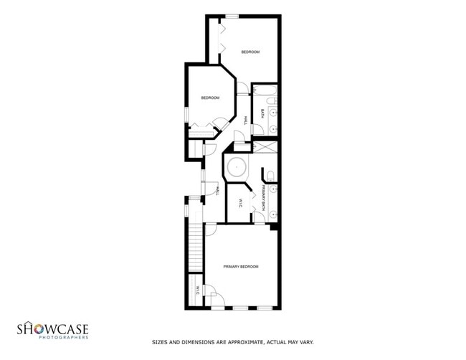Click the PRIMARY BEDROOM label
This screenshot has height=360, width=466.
click(240, 266)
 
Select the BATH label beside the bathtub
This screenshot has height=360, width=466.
click(262, 114)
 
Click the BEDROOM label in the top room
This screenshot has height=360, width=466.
click(249, 52)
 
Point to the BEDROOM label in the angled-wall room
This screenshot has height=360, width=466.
click(209, 98)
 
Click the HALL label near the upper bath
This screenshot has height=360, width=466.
click(245, 121)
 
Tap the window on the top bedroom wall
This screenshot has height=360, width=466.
click(232, 16)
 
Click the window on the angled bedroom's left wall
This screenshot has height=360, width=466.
click(186, 113)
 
